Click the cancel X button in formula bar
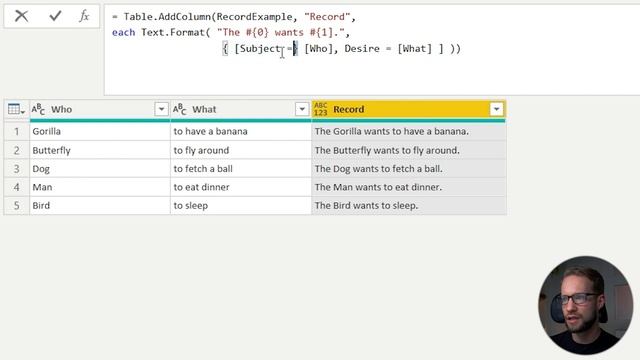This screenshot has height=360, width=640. coord(22,16)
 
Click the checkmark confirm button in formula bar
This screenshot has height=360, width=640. coord(54,16)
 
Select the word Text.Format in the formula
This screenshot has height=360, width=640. coord(170,32)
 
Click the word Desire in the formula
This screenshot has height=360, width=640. coord(361,48)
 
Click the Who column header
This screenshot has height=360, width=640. coord(62,109)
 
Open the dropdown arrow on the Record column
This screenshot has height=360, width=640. coord(496,109)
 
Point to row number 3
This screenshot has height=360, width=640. coord(16,169)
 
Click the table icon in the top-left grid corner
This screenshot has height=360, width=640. coord(16,109)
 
